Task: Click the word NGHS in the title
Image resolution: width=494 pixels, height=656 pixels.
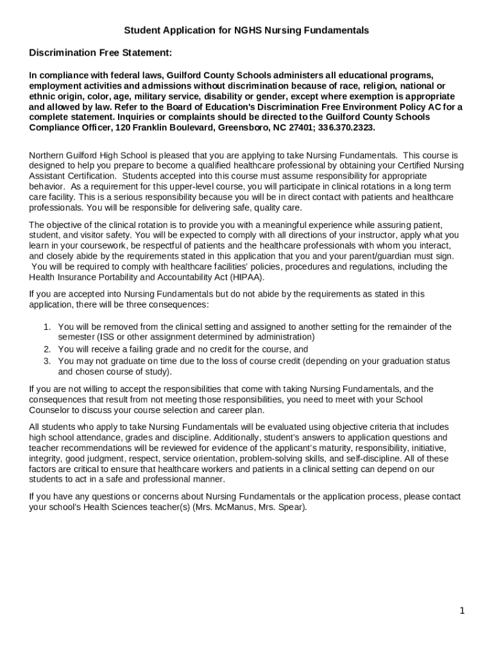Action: point(247,30)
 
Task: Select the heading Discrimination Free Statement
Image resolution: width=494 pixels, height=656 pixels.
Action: point(100,53)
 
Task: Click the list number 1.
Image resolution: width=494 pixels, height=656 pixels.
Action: point(47,327)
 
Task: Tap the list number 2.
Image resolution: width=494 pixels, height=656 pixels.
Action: point(47,349)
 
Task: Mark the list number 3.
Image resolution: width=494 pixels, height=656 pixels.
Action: point(47,361)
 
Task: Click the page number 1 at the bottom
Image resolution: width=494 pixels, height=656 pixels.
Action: point(461,611)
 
